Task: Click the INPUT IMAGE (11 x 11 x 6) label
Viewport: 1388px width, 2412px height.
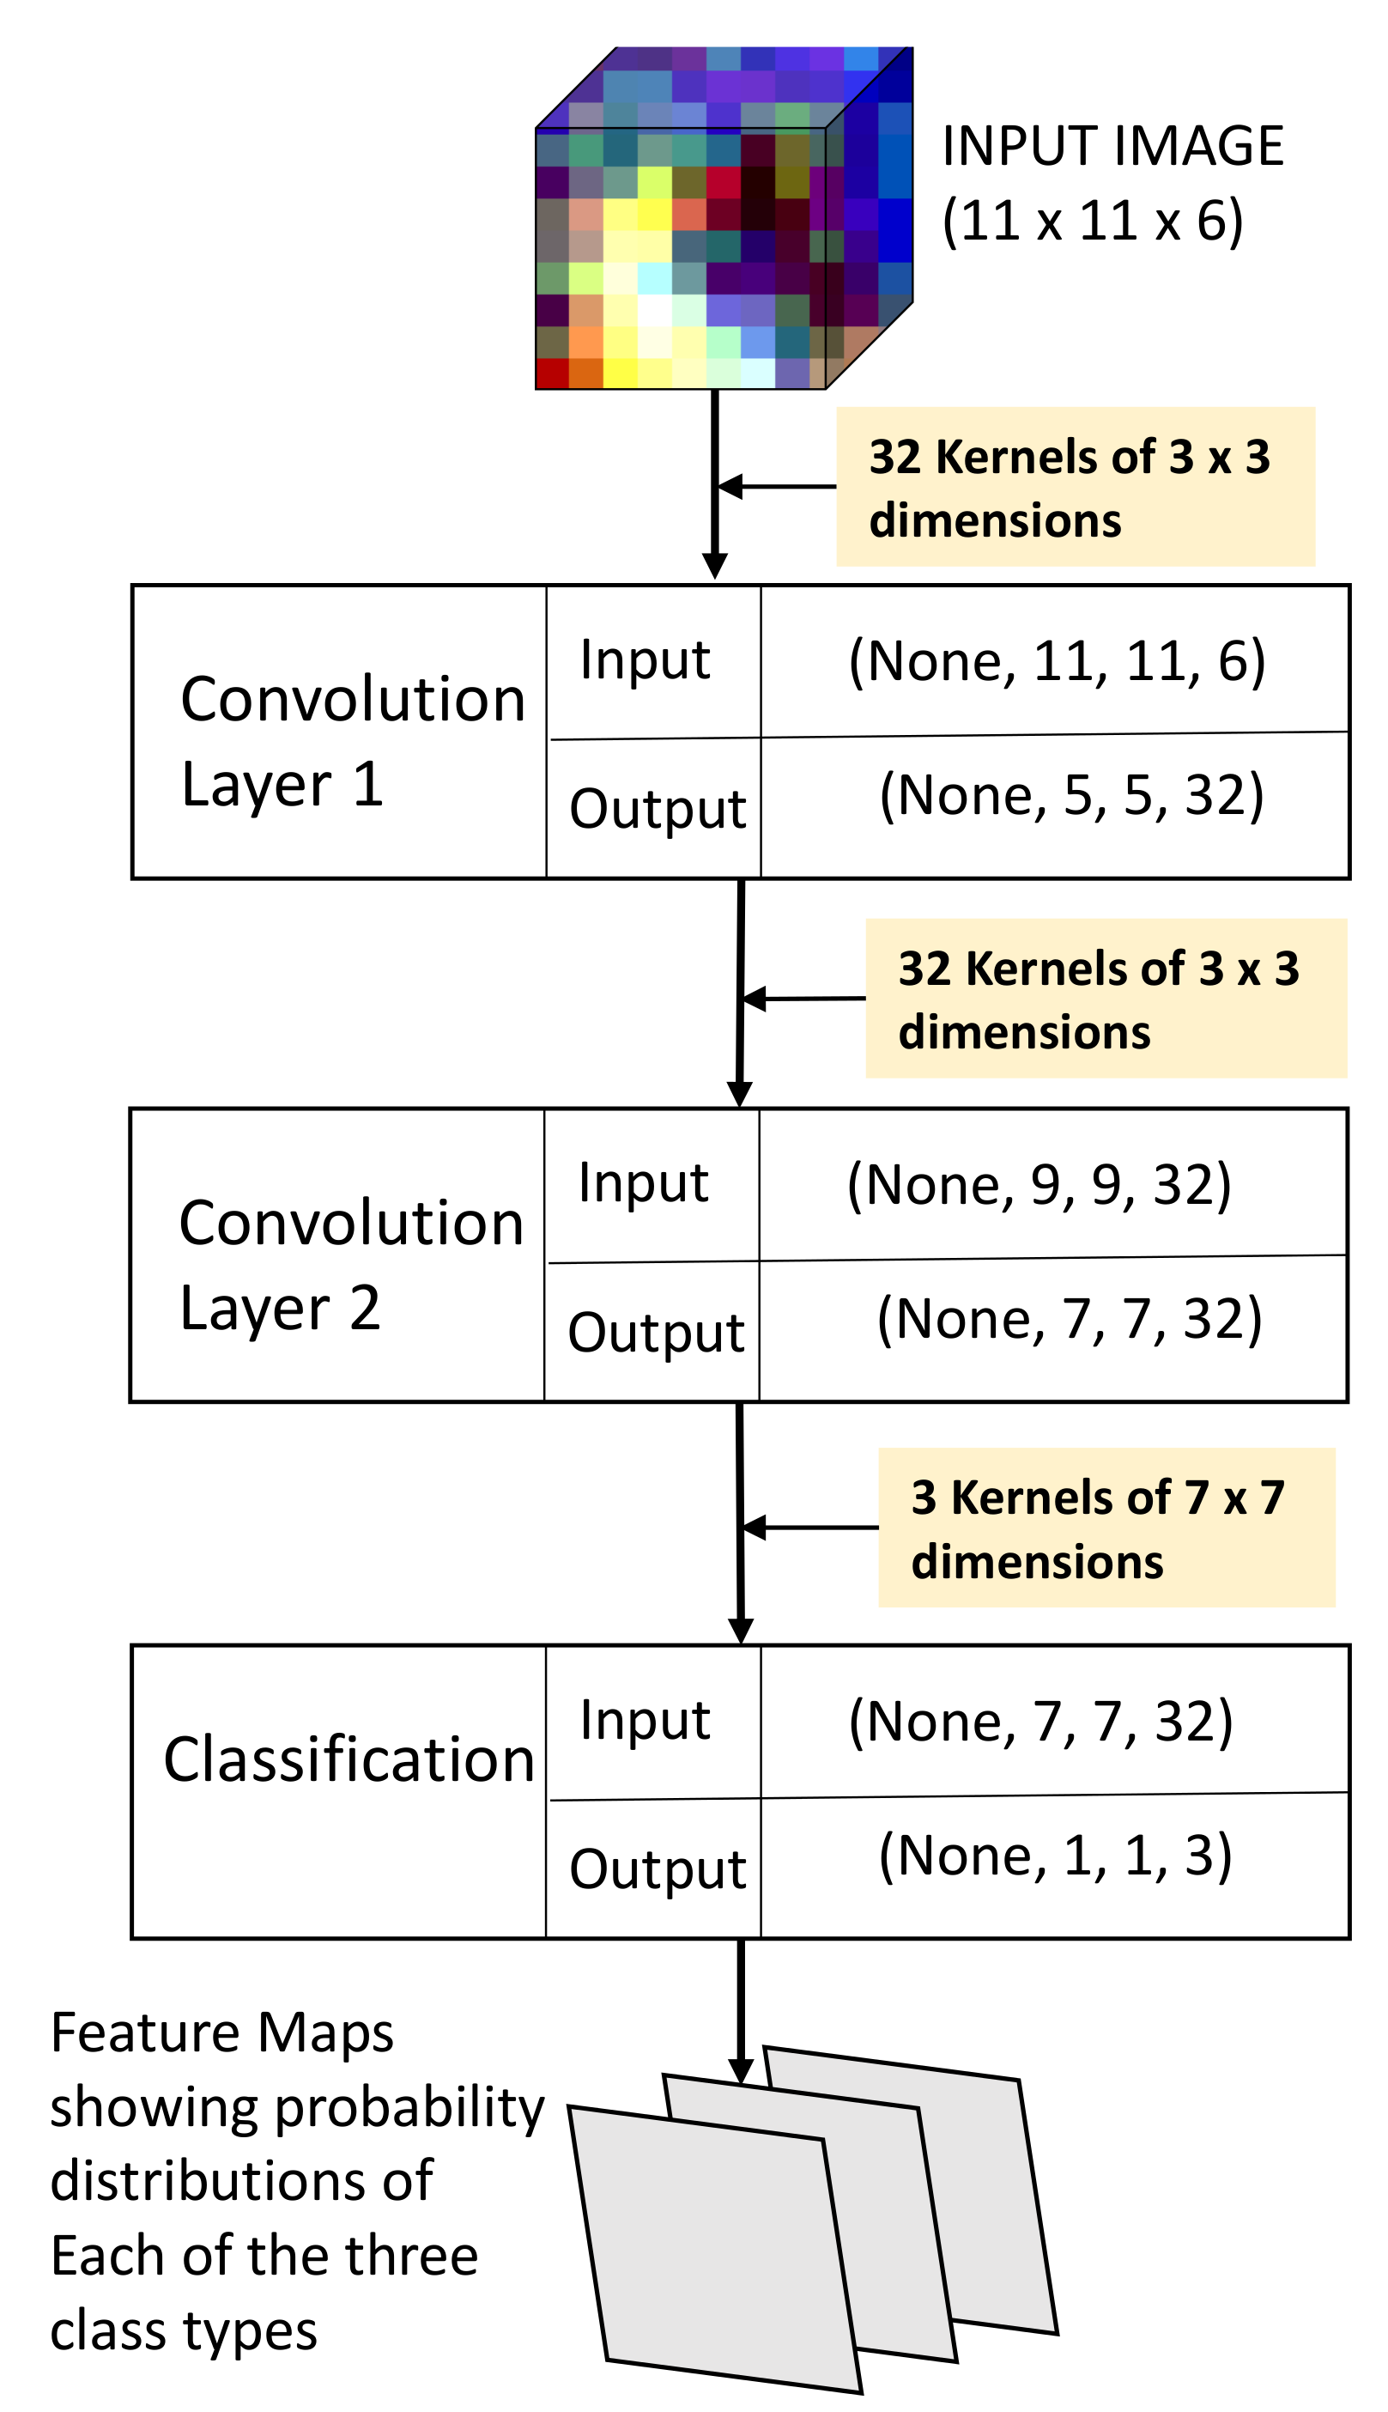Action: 1112,183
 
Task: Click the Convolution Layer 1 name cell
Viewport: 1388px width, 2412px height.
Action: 338,732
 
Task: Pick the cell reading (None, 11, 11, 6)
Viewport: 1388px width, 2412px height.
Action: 1057,660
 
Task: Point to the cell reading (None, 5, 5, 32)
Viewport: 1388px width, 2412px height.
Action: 1070,795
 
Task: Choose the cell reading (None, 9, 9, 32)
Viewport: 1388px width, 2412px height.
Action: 1039,1184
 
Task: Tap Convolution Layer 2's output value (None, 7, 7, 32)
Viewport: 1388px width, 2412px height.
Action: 1070,1319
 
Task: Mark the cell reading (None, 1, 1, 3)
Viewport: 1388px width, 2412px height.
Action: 1054,1856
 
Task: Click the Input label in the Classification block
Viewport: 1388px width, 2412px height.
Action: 646,1721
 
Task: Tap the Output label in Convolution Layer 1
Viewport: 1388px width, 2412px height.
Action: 657,809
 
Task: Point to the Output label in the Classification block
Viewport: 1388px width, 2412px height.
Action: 657,1868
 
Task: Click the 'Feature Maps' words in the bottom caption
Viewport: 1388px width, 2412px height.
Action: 222,2032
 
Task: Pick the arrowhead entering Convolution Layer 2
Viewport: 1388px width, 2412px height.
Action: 740,1093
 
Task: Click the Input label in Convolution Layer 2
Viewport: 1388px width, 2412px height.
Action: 644,1183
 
